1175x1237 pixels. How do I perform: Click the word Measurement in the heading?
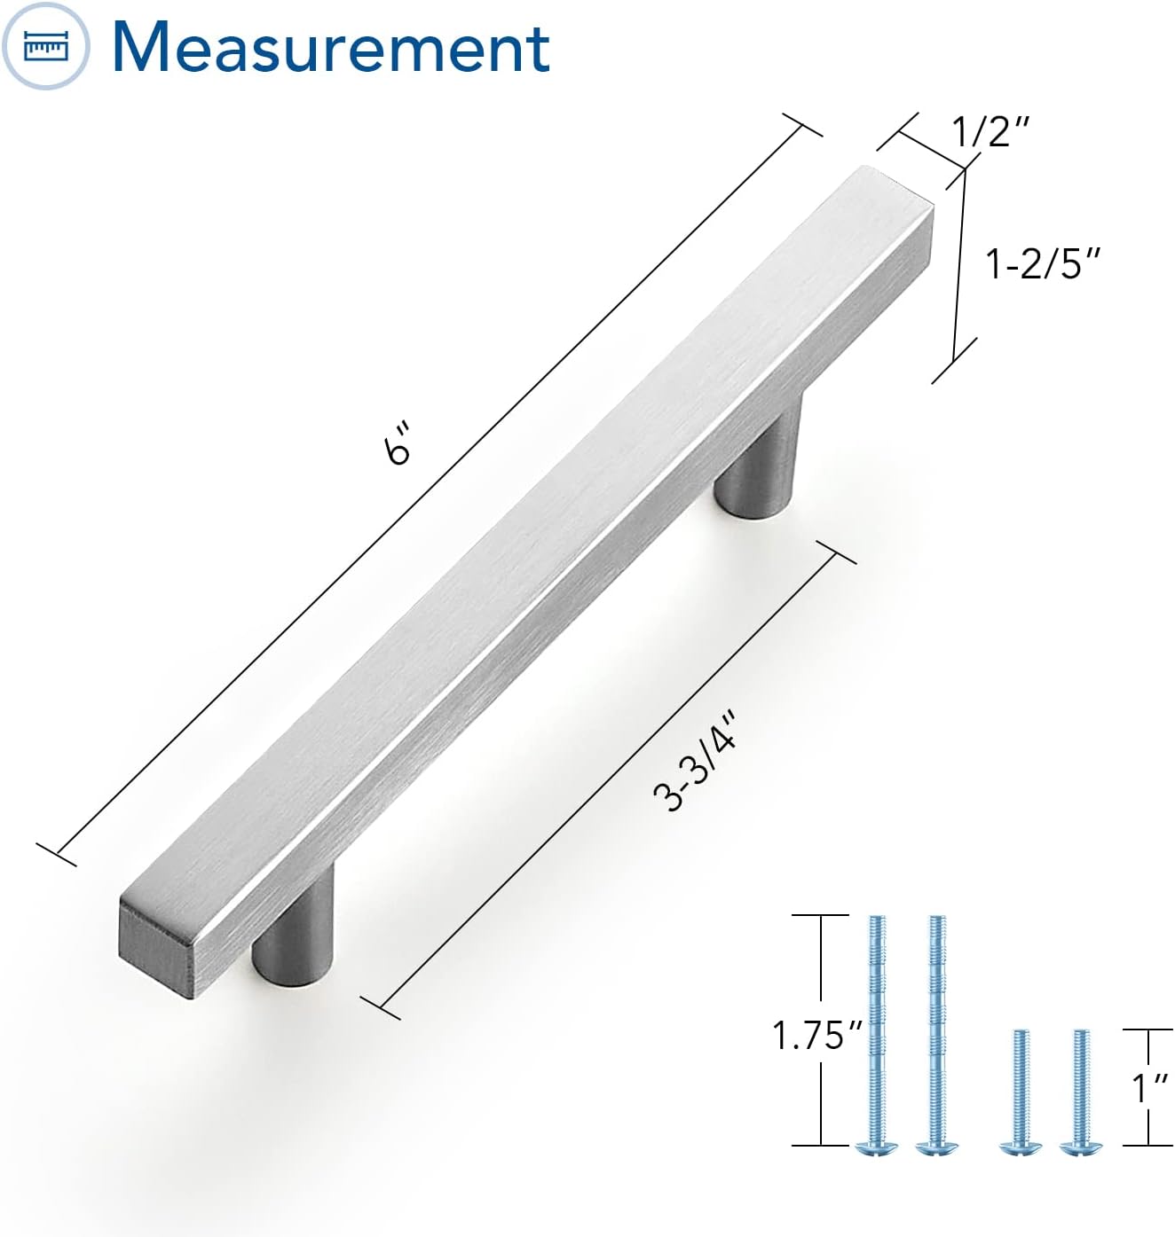331,47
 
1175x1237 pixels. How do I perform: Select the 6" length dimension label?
398,443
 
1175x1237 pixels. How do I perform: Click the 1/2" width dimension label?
990,131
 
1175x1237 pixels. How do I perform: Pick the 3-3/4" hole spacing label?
695,763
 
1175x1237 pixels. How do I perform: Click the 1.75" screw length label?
816,1035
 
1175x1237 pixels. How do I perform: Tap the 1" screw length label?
1150,1088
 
